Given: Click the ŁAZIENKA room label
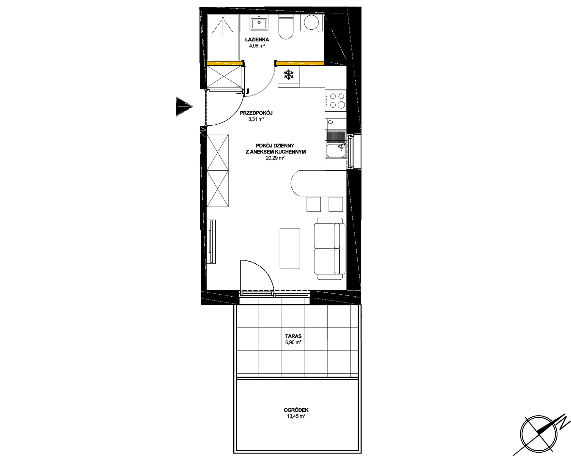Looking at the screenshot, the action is click(257, 39).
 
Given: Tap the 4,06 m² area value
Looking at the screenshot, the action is click(257, 46).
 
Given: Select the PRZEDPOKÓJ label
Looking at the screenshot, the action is click(256, 113).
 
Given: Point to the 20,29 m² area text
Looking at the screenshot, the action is click(275, 158).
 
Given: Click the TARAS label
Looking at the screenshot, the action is click(293, 336).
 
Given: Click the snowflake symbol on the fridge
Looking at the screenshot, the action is click(288, 75).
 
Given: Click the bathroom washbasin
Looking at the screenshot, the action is click(259, 23).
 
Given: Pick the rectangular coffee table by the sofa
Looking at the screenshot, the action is click(290, 248).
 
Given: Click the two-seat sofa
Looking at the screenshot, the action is click(330, 248).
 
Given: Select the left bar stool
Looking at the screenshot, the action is click(314, 204).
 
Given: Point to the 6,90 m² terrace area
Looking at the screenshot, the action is click(293, 343).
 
